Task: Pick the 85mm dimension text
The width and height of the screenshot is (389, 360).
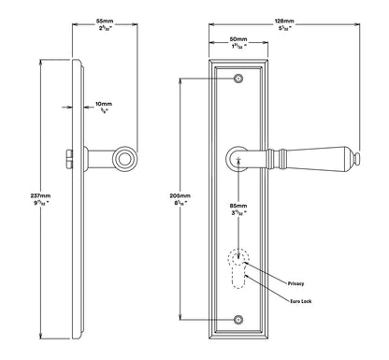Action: tap(239, 203)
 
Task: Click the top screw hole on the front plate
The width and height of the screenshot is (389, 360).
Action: tap(238, 79)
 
